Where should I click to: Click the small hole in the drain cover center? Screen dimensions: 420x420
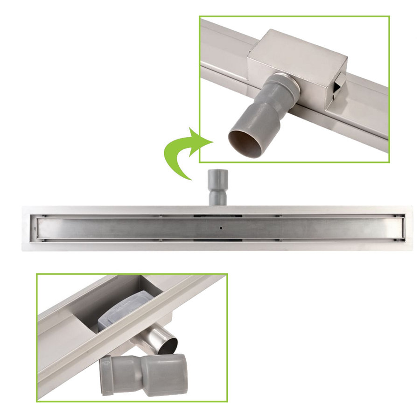coord(219,229)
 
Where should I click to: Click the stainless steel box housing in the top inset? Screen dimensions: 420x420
coord(299,70)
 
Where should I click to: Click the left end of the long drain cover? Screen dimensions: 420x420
coord(35,228)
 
